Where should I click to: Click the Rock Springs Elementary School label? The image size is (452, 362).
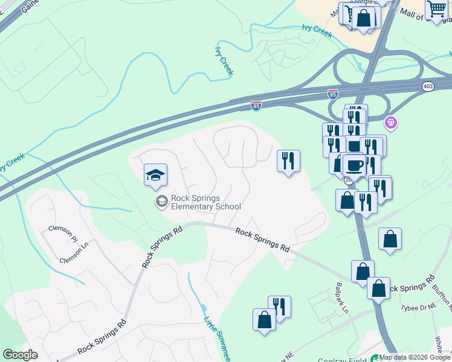205,202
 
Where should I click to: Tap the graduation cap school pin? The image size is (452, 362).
155,176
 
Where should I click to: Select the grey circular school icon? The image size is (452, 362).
161,202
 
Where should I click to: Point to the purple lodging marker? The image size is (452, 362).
392,123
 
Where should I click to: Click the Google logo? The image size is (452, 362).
20,355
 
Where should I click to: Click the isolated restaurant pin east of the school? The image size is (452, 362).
288,160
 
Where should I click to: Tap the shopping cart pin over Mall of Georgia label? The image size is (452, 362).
436,9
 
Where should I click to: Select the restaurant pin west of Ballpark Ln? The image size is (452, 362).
279,306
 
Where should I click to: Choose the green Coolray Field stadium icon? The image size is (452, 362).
375,358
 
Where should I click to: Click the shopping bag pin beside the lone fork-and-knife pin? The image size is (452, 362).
264,319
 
